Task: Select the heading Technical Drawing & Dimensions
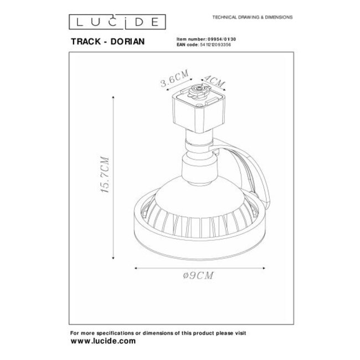(253, 18)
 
